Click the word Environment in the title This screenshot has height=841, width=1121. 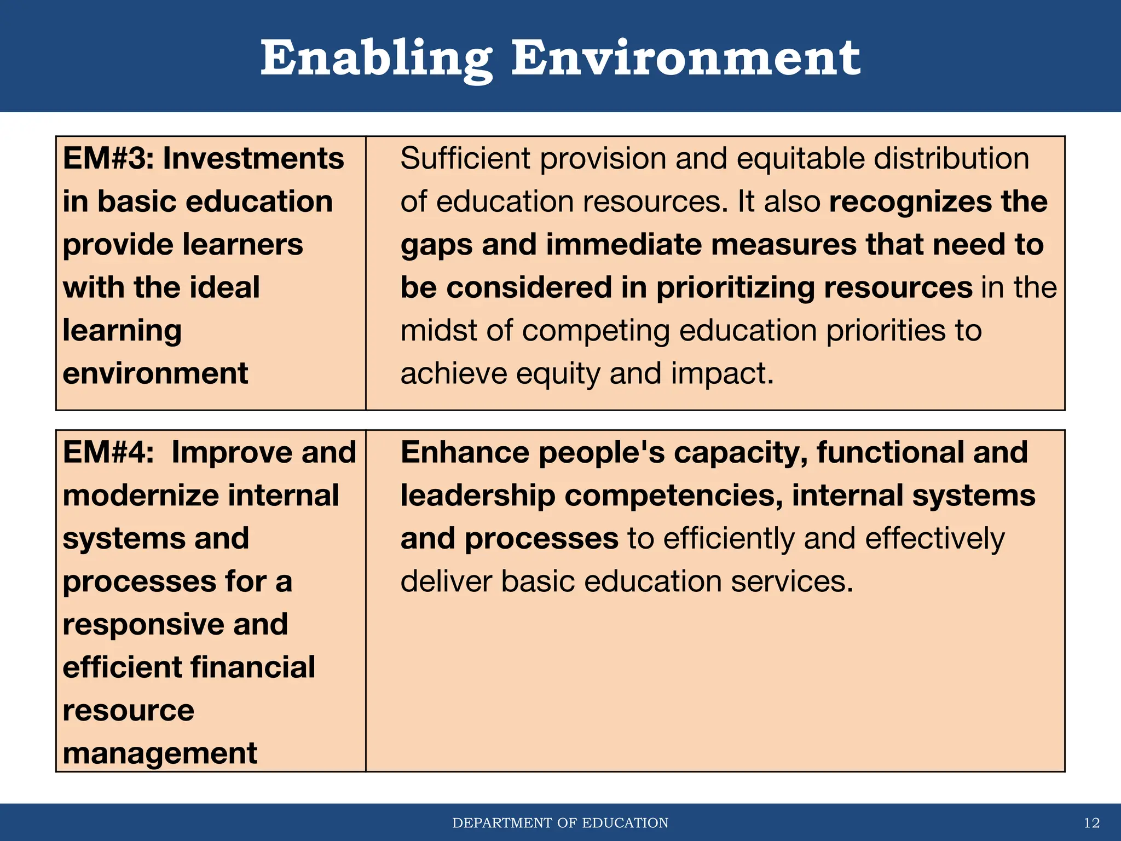click(685, 59)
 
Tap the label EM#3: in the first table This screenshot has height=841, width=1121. click(108, 159)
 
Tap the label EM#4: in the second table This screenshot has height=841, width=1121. click(108, 453)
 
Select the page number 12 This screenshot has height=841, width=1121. click(1091, 823)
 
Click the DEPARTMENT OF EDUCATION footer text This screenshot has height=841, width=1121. click(560, 823)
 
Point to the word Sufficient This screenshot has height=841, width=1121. click(465, 159)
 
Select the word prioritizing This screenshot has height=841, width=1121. click(736, 288)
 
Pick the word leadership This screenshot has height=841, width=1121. click(477, 496)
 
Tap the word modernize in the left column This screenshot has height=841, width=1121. click(141, 496)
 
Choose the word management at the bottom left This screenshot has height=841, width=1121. click(159, 753)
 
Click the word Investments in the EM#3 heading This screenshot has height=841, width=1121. click(253, 159)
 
